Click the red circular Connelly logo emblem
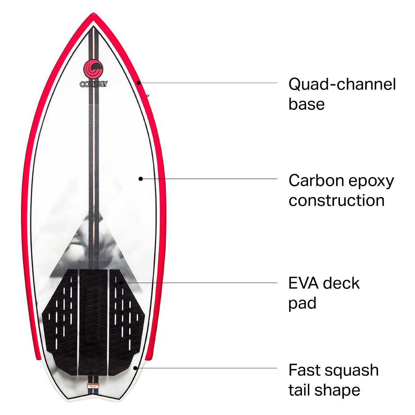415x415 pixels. [93, 69]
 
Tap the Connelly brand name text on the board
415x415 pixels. [93, 84]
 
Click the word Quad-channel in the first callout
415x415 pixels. [342, 84]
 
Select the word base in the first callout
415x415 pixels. [306, 104]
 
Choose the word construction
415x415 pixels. [336, 200]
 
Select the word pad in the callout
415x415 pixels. [302, 303]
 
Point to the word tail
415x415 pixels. [299, 390]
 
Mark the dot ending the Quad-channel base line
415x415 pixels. [138, 82]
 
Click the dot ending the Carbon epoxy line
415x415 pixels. [140, 178]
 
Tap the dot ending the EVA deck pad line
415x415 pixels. [121, 282]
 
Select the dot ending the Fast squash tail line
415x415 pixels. [136, 368]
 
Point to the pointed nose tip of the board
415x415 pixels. [93, 15]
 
